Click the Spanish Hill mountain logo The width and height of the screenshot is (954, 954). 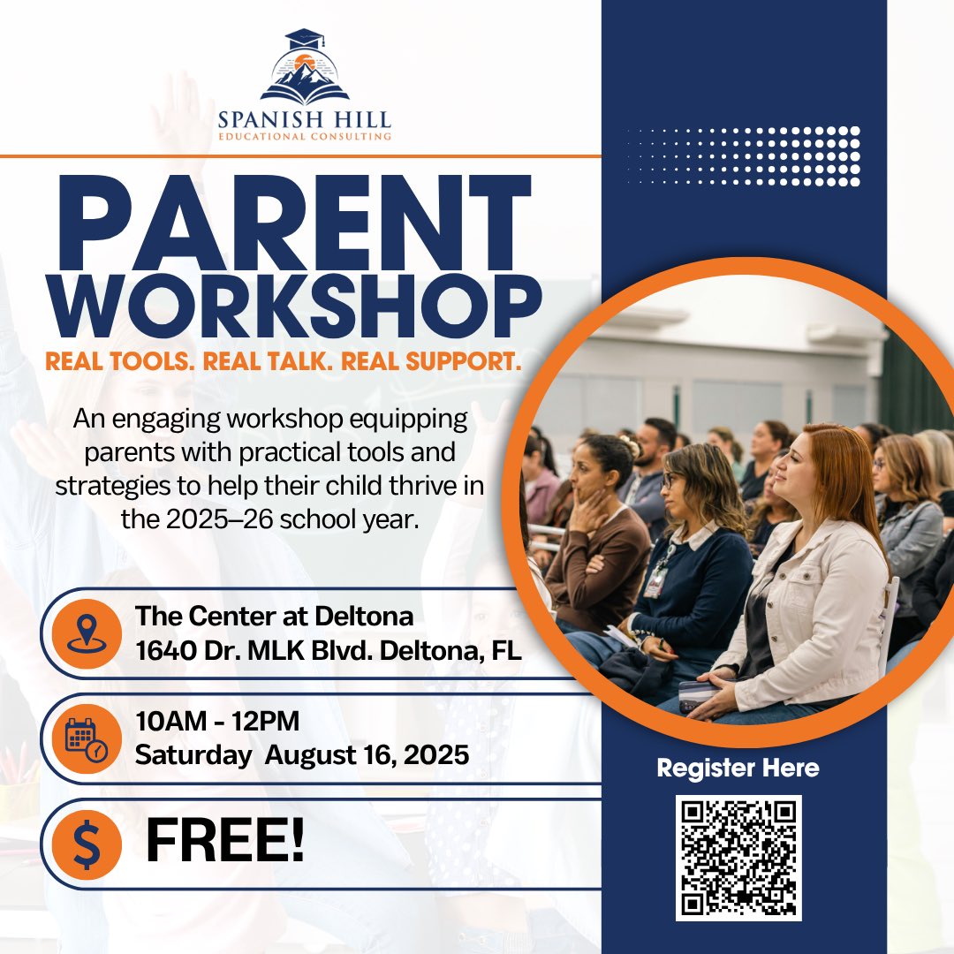tap(305, 69)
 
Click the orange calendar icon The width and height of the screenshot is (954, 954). tap(87, 738)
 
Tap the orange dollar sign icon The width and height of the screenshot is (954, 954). tap(87, 844)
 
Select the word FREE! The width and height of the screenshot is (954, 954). tap(225, 842)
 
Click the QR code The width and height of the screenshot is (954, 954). tap(738, 857)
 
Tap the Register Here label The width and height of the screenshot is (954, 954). tap(738, 768)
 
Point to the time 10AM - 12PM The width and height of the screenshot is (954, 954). tap(217, 722)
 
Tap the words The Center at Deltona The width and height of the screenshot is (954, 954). tap(274, 617)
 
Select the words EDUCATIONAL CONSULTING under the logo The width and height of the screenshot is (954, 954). tap(305, 137)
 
